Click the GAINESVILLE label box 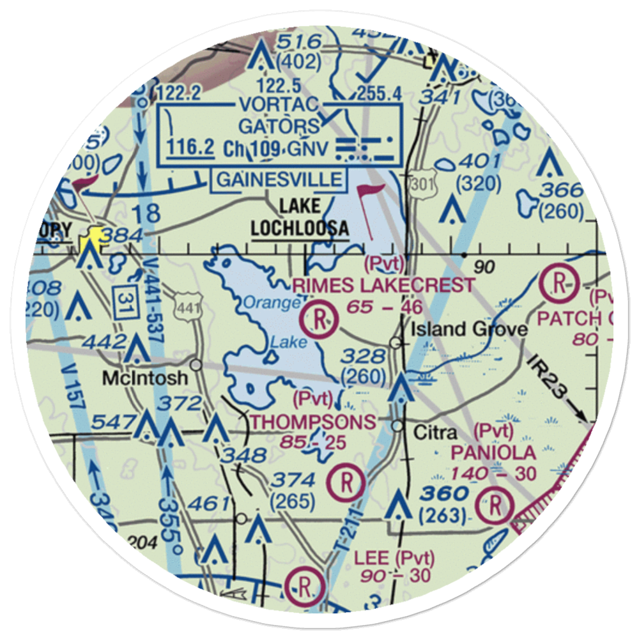279,179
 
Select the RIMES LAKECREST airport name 383,286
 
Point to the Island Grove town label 469,329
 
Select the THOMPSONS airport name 312,422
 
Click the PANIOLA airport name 493,453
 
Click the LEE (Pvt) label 394,557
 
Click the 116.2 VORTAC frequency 190,148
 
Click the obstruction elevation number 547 116,422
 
